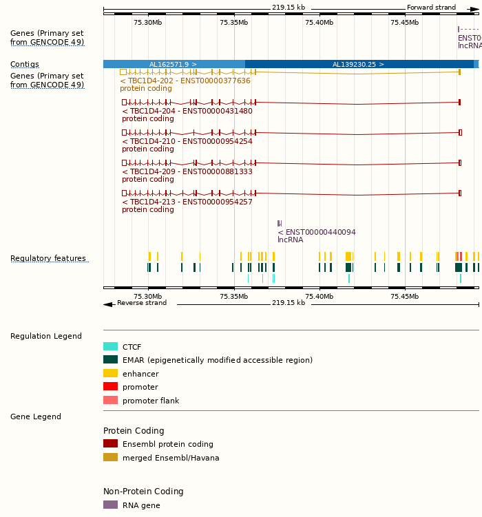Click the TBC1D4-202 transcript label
coord(185,81)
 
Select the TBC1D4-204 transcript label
coord(187,111)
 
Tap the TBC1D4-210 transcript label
coord(187,141)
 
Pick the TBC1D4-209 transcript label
coord(187,171)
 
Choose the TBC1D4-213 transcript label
coord(187,202)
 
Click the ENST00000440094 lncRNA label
coord(317,232)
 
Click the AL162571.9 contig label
coord(173,64)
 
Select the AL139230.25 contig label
coord(358,64)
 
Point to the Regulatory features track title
coord(48,258)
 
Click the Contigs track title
coord(25,64)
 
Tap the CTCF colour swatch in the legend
coord(110,347)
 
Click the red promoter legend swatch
coord(110,387)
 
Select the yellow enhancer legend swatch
coord(110,373)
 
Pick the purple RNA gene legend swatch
coord(110,505)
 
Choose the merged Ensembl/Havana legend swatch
coord(110,457)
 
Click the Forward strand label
coord(431,8)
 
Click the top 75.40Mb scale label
coord(319,22)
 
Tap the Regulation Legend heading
coord(46,336)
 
